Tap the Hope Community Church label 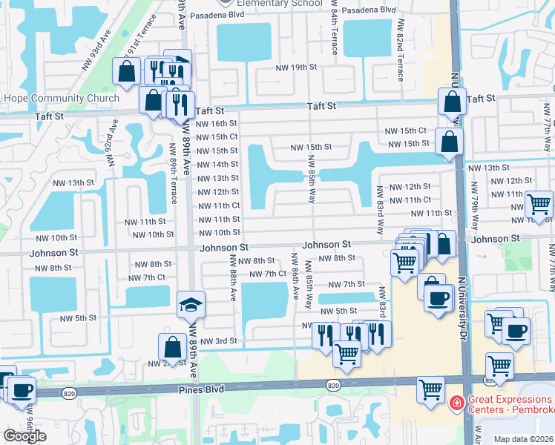(61, 99)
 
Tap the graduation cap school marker (191, 305)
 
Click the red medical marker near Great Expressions (458, 403)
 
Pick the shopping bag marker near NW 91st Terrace (126, 71)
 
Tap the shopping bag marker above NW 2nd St (172, 346)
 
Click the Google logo (24, 435)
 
